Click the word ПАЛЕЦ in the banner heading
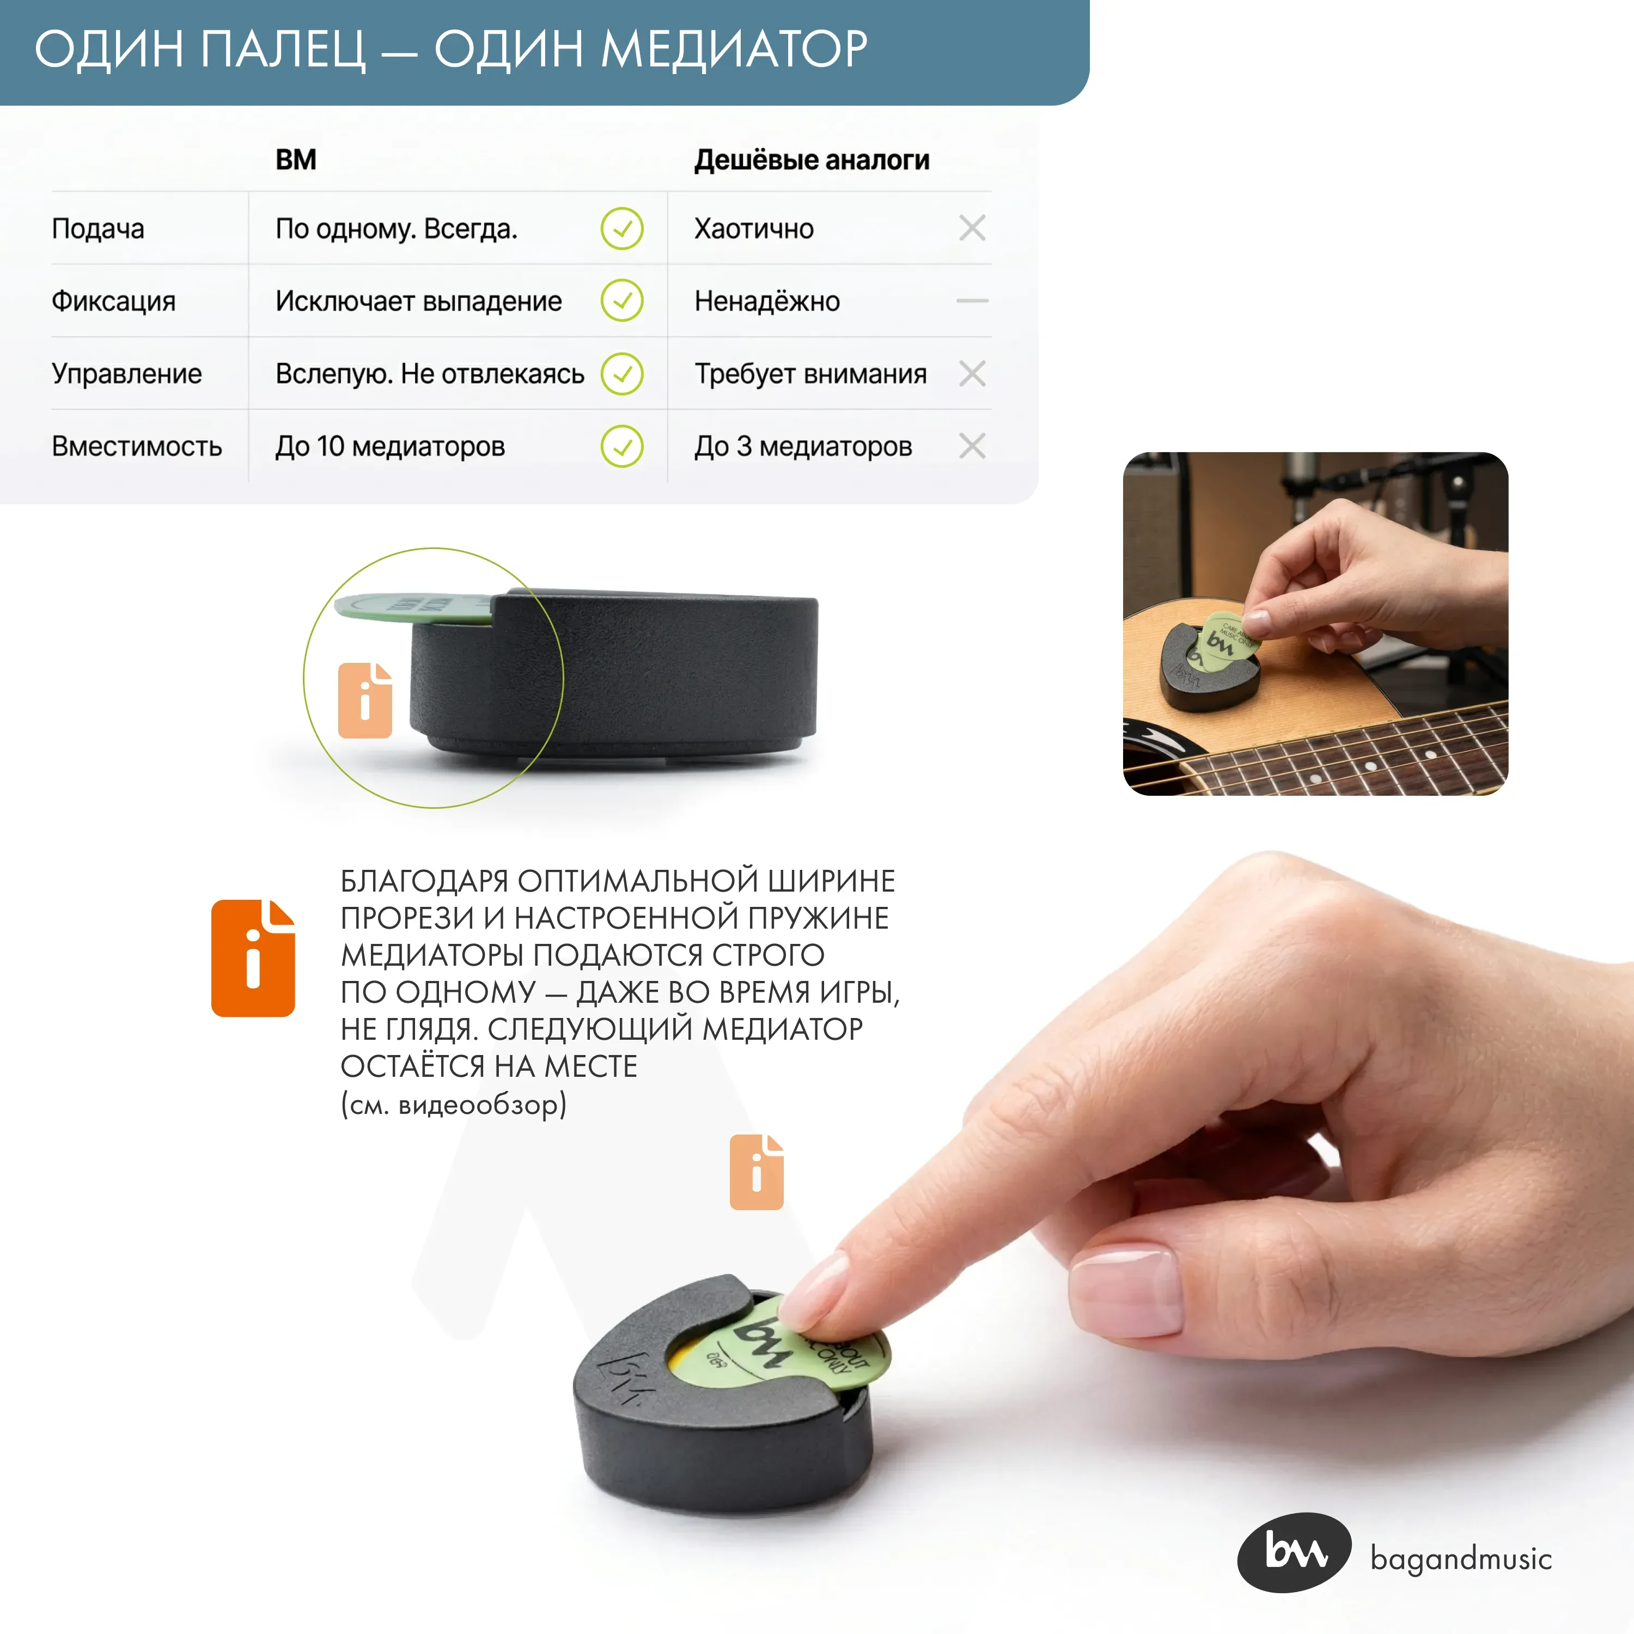(283, 49)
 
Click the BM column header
(295, 160)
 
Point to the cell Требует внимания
(810, 373)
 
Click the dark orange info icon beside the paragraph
(253, 958)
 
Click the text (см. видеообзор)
(453, 1105)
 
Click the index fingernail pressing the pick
(815, 1289)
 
